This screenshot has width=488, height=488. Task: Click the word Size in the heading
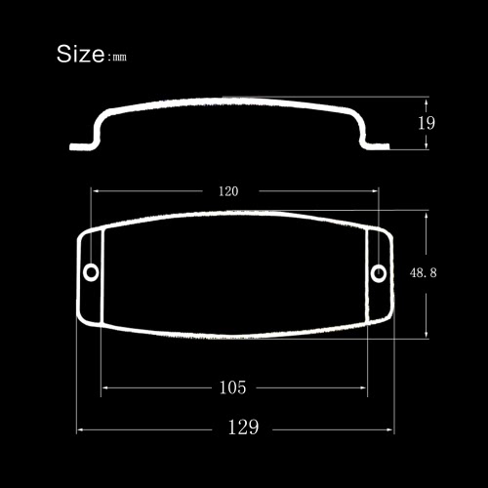80,54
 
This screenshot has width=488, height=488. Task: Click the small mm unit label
119,58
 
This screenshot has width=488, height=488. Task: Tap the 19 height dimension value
427,123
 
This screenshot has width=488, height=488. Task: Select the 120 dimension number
228,191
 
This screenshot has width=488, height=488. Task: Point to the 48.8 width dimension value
423,272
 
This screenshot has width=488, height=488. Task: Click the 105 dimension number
232,387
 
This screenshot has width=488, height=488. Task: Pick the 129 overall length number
243,427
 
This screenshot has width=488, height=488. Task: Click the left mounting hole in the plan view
91,272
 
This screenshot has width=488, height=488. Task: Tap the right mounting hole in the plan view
379,272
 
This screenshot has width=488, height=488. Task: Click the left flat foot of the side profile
81,146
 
